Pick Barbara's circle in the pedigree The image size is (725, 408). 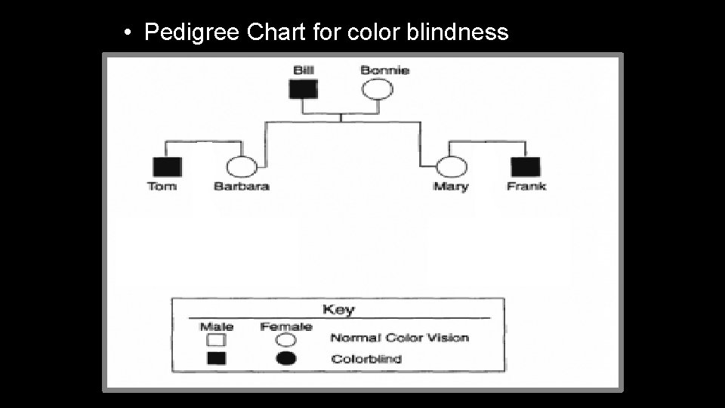coord(241,167)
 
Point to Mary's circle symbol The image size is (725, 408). coord(451,167)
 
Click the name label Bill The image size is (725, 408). coord(304,70)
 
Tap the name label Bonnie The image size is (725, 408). coord(384,70)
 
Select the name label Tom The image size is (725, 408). coord(162,186)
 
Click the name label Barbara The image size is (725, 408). coord(242,186)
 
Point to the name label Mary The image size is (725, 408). coord(451,186)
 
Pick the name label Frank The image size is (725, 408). coord(526,186)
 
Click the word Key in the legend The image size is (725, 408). coord(338,309)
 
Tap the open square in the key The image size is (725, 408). coord(216,340)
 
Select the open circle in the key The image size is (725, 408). coord(286,340)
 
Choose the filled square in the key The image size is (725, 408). coord(216,359)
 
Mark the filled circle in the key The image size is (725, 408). coord(286,359)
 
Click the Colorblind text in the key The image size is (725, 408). coord(366,359)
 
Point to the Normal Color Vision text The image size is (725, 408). coord(400,338)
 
